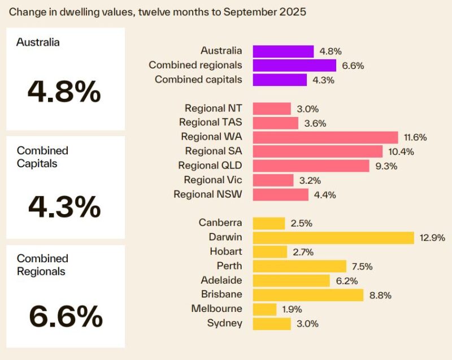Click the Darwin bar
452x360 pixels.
[333, 237]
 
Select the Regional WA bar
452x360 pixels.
[325, 137]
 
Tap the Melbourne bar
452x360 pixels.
[264, 309]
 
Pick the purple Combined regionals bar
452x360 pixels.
[294, 66]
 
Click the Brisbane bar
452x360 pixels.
[308, 294]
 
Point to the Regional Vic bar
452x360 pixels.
[273, 180]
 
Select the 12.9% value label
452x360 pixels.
[432, 238]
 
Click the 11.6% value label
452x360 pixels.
[415, 137]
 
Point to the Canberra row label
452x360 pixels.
[220, 223]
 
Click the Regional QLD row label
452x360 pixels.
[210, 166]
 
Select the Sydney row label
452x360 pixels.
[225, 323]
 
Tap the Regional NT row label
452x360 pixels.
[213, 108]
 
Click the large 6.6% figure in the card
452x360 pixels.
[65, 316]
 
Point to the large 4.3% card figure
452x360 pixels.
[65, 207]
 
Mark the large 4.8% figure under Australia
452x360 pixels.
[65, 92]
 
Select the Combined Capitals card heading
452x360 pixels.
[42, 157]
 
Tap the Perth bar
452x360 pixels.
[299, 266]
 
